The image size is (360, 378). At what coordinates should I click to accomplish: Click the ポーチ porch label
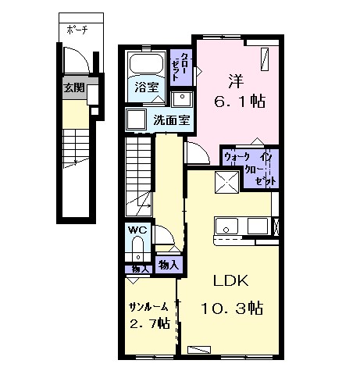77,30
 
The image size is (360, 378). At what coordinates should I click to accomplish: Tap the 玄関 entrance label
74,87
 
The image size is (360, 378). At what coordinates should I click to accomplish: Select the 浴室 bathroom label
147,87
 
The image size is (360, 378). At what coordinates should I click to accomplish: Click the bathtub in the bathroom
146,63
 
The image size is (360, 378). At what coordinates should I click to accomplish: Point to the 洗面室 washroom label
172,120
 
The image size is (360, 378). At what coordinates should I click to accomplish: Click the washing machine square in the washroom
136,119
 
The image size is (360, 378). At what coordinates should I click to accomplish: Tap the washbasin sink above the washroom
182,99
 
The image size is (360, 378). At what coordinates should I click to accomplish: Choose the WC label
137,230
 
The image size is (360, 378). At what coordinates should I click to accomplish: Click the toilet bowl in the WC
137,248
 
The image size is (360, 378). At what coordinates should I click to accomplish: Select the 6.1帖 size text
240,102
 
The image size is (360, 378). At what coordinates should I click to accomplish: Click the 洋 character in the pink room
237,81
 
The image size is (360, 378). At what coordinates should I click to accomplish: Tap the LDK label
231,280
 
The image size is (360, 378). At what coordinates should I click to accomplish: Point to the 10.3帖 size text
232,308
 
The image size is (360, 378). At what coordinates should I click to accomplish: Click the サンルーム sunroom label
148,308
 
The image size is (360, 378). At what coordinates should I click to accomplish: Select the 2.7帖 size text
150,323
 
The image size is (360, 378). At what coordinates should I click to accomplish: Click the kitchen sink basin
226,226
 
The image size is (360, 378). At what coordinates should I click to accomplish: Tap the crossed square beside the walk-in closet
227,182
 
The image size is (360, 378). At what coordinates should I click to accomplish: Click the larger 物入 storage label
169,265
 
